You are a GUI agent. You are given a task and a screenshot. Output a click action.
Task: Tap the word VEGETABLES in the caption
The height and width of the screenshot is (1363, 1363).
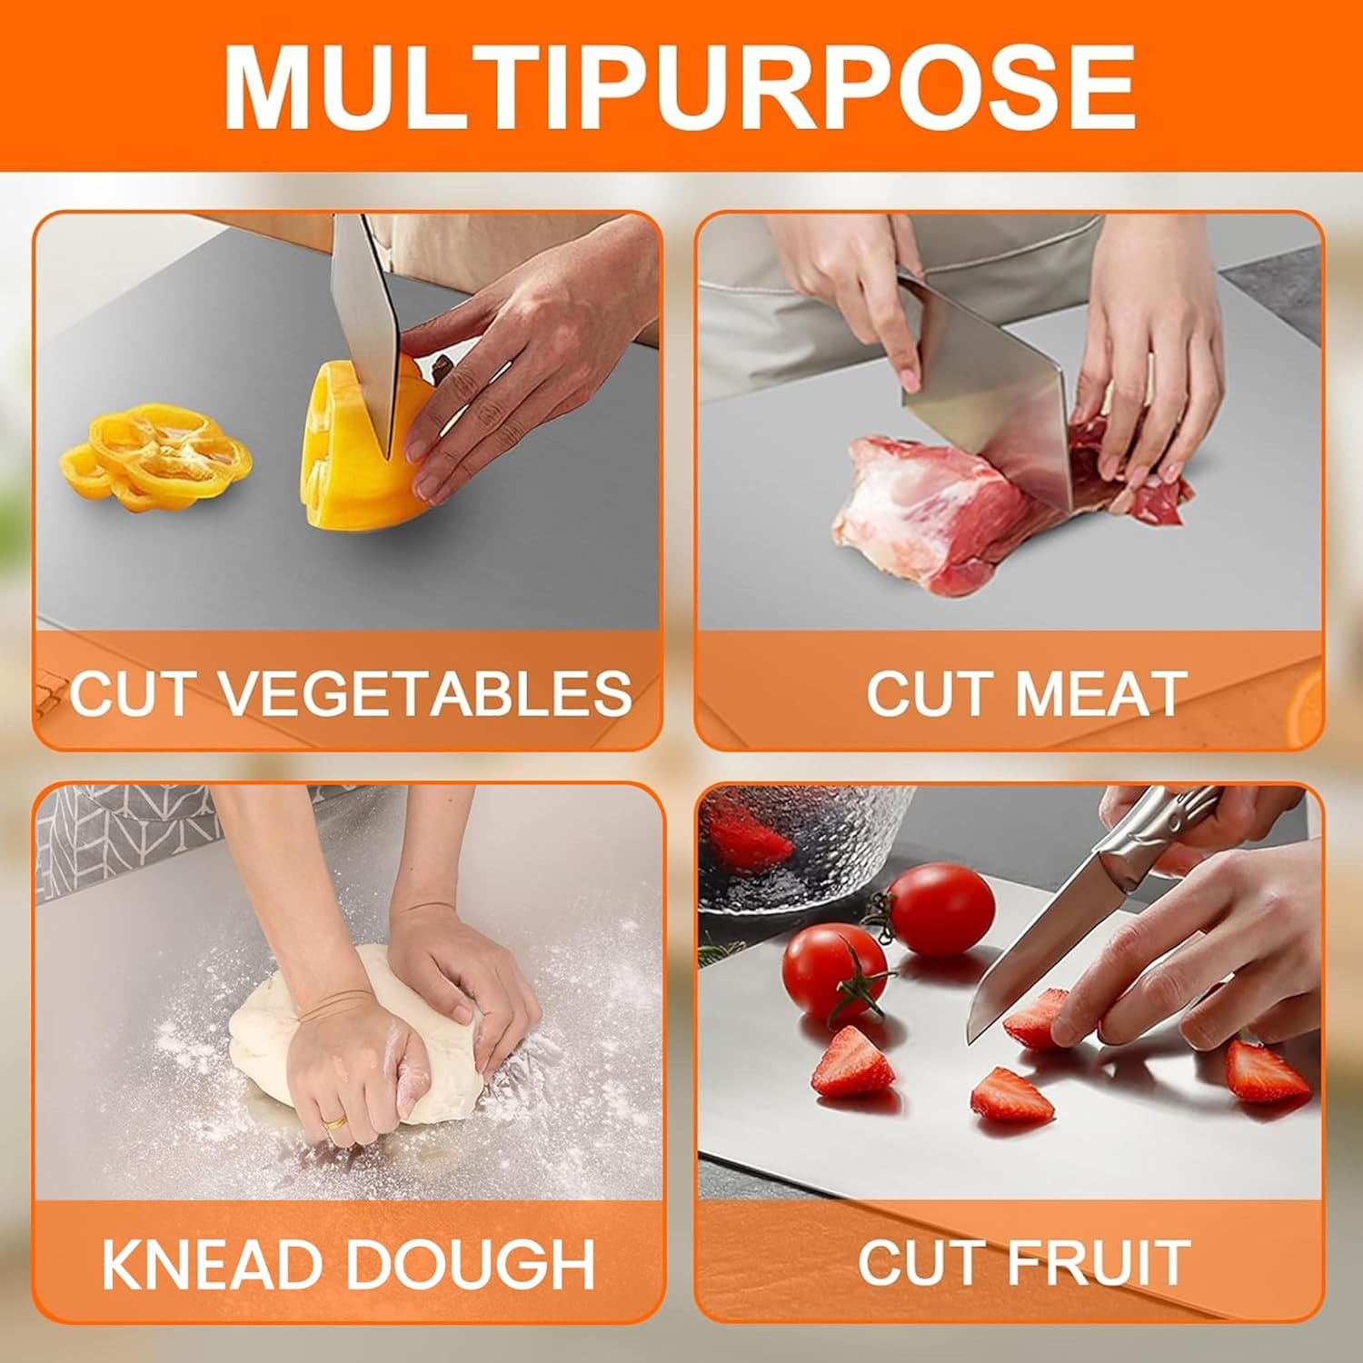click(426, 693)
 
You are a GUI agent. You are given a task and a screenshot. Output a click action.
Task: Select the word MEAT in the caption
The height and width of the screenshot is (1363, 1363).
click(1100, 693)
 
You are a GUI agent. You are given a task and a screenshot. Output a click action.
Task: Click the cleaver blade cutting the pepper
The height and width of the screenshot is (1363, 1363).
click(365, 327)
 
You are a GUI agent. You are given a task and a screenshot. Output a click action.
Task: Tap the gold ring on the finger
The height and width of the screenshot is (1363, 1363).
click(336, 1123)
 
